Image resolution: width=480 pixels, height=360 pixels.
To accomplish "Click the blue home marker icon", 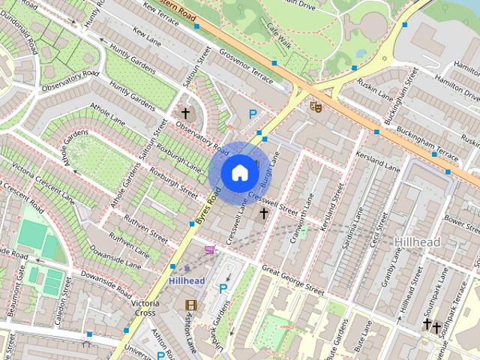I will pyautogui.click(x=238, y=172).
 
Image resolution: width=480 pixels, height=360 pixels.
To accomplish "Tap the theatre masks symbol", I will pyautogui.click(x=316, y=106).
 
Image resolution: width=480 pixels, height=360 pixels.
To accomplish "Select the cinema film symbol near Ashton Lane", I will pyautogui.click(x=190, y=304).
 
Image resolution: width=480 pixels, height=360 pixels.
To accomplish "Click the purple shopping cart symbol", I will pyautogui.click(x=209, y=250).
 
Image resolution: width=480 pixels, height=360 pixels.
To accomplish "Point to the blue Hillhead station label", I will pyautogui.click(x=187, y=280).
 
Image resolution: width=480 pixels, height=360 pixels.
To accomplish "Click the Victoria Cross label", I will pyautogui.click(x=144, y=308).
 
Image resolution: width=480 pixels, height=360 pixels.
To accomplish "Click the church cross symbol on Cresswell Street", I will pyautogui.click(x=263, y=214).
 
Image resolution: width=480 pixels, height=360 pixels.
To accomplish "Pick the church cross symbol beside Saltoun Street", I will pyautogui.click(x=185, y=113).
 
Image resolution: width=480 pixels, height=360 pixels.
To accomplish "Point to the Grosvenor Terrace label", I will pyautogui.click(x=247, y=67).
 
